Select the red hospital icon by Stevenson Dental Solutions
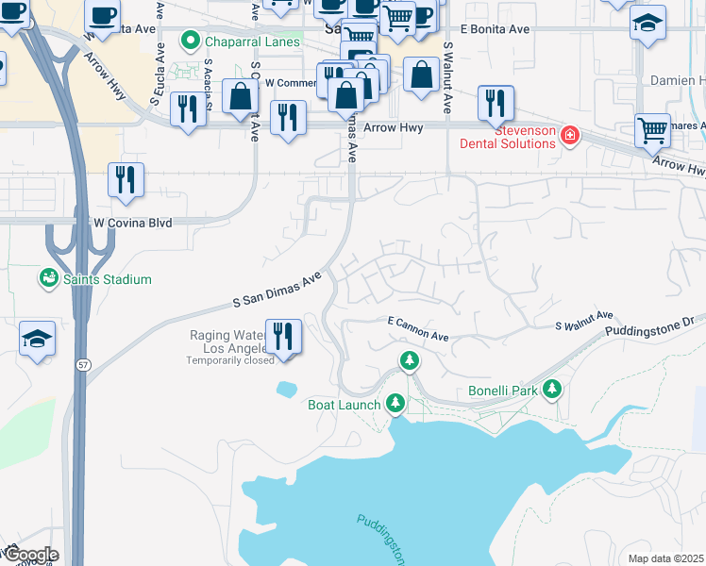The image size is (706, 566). (569, 137)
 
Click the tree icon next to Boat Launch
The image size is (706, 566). (396, 405)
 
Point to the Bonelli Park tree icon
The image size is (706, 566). (551, 390)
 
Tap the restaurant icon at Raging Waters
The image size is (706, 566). (282, 336)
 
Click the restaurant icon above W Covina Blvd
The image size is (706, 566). (126, 179)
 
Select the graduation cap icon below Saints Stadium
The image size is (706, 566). (37, 338)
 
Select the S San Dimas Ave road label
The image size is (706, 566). (278, 290)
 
